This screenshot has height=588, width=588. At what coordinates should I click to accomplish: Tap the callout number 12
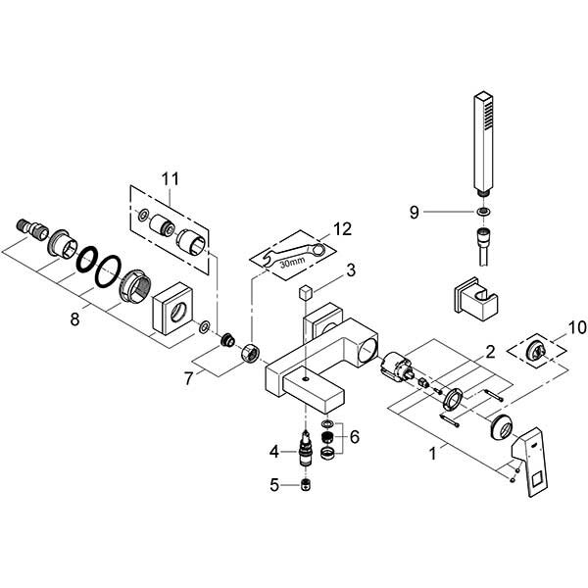point(341,228)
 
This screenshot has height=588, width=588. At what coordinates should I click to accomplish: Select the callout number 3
point(350,269)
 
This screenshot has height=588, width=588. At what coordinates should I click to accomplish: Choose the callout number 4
point(276,451)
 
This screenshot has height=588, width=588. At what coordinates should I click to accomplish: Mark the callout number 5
point(276,484)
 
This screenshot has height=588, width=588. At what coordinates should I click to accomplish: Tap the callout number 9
point(415,211)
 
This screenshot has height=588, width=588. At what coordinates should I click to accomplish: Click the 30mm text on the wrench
point(291,263)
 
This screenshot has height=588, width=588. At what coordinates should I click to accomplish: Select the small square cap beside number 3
point(305,291)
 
